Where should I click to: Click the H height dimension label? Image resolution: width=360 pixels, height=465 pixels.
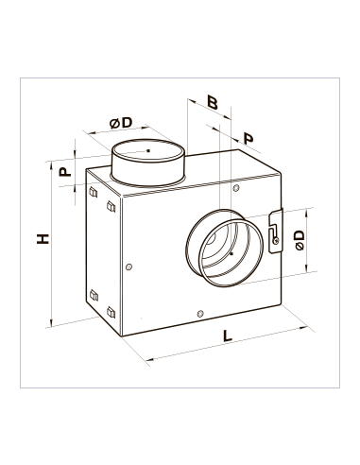[43, 239]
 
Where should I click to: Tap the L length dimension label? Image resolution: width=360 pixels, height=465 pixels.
[227, 336]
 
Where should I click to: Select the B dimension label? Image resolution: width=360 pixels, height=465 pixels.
[213, 102]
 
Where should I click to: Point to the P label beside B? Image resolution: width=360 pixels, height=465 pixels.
[249, 139]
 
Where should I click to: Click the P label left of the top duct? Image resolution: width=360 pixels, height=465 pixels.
[65, 172]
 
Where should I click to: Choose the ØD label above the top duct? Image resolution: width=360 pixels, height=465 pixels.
[121, 123]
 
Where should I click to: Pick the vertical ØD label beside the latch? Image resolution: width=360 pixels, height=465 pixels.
[300, 240]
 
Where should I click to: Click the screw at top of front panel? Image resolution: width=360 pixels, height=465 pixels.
[236, 188]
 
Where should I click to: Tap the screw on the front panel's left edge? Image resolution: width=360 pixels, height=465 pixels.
[129, 267]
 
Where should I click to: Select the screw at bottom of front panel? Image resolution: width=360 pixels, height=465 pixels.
[199, 314]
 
